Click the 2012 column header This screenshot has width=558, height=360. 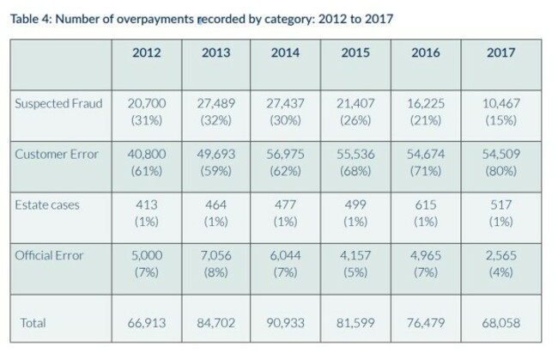tap(146, 52)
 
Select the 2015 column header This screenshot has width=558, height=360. tap(355, 52)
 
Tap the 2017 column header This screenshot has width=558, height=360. tap(500, 52)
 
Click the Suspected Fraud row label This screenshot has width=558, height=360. tap(58, 104)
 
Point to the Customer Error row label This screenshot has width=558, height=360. tap(57, 154)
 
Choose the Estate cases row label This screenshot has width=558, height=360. tap(47, 205)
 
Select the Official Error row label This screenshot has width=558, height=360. tap(49, 256)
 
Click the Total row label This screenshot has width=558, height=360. tap(33, 323)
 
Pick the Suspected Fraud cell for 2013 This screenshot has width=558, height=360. tap(216, 112)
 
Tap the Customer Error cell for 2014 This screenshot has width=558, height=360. tap(285, 162)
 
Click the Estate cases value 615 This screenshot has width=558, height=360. tap(426, 205)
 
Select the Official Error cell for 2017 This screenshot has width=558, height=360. tap(501, 264)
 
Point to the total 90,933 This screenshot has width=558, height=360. tap(285, 323)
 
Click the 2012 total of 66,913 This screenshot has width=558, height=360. tap(147, 323)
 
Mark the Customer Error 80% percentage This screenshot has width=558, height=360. tap(501, 171)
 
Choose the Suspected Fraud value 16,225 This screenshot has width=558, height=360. tap(426, 104)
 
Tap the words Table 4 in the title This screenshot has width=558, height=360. tap(31, 19)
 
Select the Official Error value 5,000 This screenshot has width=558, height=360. tap(147, 256)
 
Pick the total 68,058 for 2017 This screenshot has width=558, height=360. tap(501, 323)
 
